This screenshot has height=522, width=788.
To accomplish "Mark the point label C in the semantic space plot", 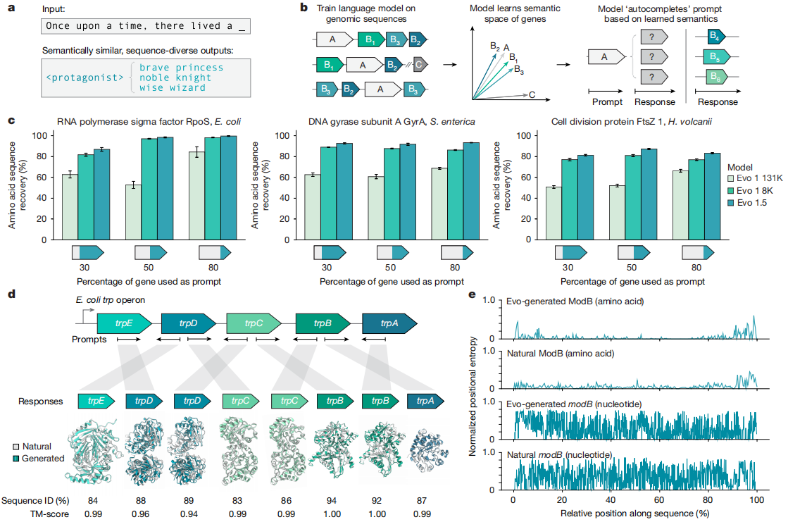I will point(531,94).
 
